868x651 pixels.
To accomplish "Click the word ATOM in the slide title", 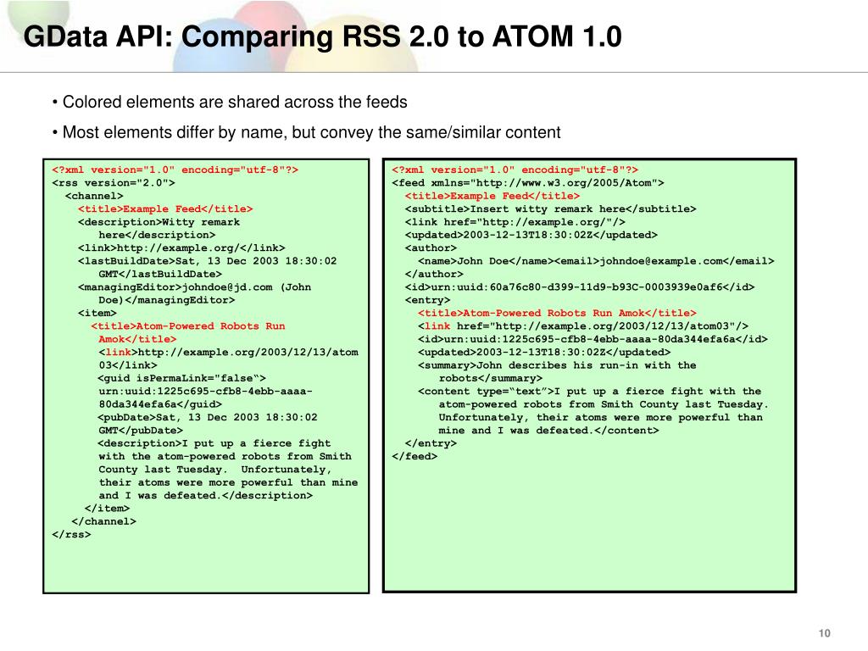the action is pyautogui.click(x=532, y=36).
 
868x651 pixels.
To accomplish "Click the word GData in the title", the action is pyautogui.click(x=65, y=36).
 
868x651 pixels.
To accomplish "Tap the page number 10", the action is pyautogui.click(x=824, y=633).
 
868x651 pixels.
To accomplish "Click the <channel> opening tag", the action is pyautogui.click(x=94, y=196).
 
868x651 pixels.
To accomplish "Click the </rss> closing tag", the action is pyautogui.click(x=71, y=534).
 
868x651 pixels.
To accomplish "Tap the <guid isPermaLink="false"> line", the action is pyautogui.click(x=182, y=378).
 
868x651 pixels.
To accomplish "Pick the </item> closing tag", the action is pyautogui.click(x=107, y=509).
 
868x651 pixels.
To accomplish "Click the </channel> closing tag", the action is pyautogui.click(x=103, y=521).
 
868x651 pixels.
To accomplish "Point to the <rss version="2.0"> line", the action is pyautogui.click(x=114, y=183).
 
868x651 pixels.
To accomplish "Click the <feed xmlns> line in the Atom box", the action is pyautogui.click(x=527, y=183).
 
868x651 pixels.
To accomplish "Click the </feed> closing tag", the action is pyautogui.click(x=415, y=456).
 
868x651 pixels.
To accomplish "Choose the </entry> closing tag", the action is pyautogui.click(x=431, y=443).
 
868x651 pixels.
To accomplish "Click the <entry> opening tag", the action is pyautogui.click(x=427, y=300).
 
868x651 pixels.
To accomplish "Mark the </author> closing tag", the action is pyautogui.click(x=434, y=274).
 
